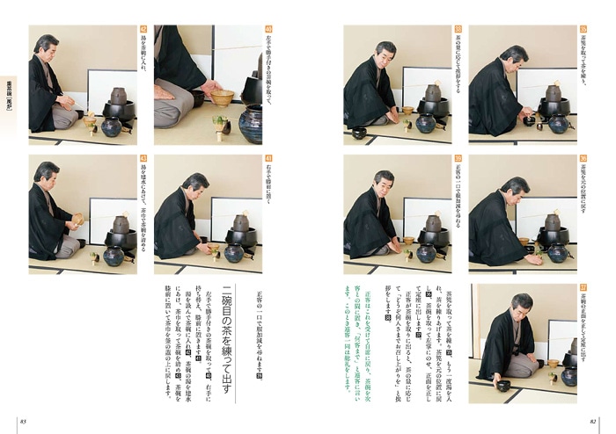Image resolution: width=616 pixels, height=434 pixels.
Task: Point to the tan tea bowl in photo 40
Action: (x=222, y=96)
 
